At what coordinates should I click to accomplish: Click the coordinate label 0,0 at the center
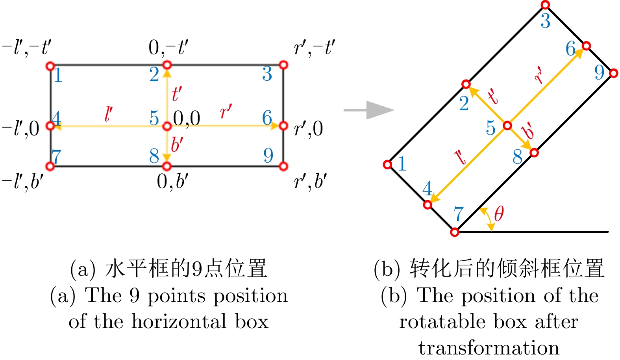point(187,119)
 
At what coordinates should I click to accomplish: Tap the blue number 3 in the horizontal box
point(267,74)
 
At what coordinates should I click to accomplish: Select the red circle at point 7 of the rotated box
point(455,232)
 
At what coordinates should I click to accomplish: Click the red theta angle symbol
point(499,214)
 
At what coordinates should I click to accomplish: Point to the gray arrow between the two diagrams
point(369,110)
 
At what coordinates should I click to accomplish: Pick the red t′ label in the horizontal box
point(176,94)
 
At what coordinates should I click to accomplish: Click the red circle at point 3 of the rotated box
point(545,5)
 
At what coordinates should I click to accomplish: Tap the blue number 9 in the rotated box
point(599,72)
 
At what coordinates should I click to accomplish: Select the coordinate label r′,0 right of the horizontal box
point(308,129)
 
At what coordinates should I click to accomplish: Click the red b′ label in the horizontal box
point(177,145)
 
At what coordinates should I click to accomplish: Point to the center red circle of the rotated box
point(507,126)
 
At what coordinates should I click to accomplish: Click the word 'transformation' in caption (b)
point(489,348)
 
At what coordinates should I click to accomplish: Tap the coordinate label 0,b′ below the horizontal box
point(172,182)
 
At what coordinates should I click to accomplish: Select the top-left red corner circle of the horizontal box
point(50,66)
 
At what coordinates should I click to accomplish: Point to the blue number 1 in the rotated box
point(402,164)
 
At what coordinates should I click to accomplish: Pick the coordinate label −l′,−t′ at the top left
point(26,48)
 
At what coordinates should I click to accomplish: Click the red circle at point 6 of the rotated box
point(586,46)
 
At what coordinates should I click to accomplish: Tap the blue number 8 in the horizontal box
point(154,156)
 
